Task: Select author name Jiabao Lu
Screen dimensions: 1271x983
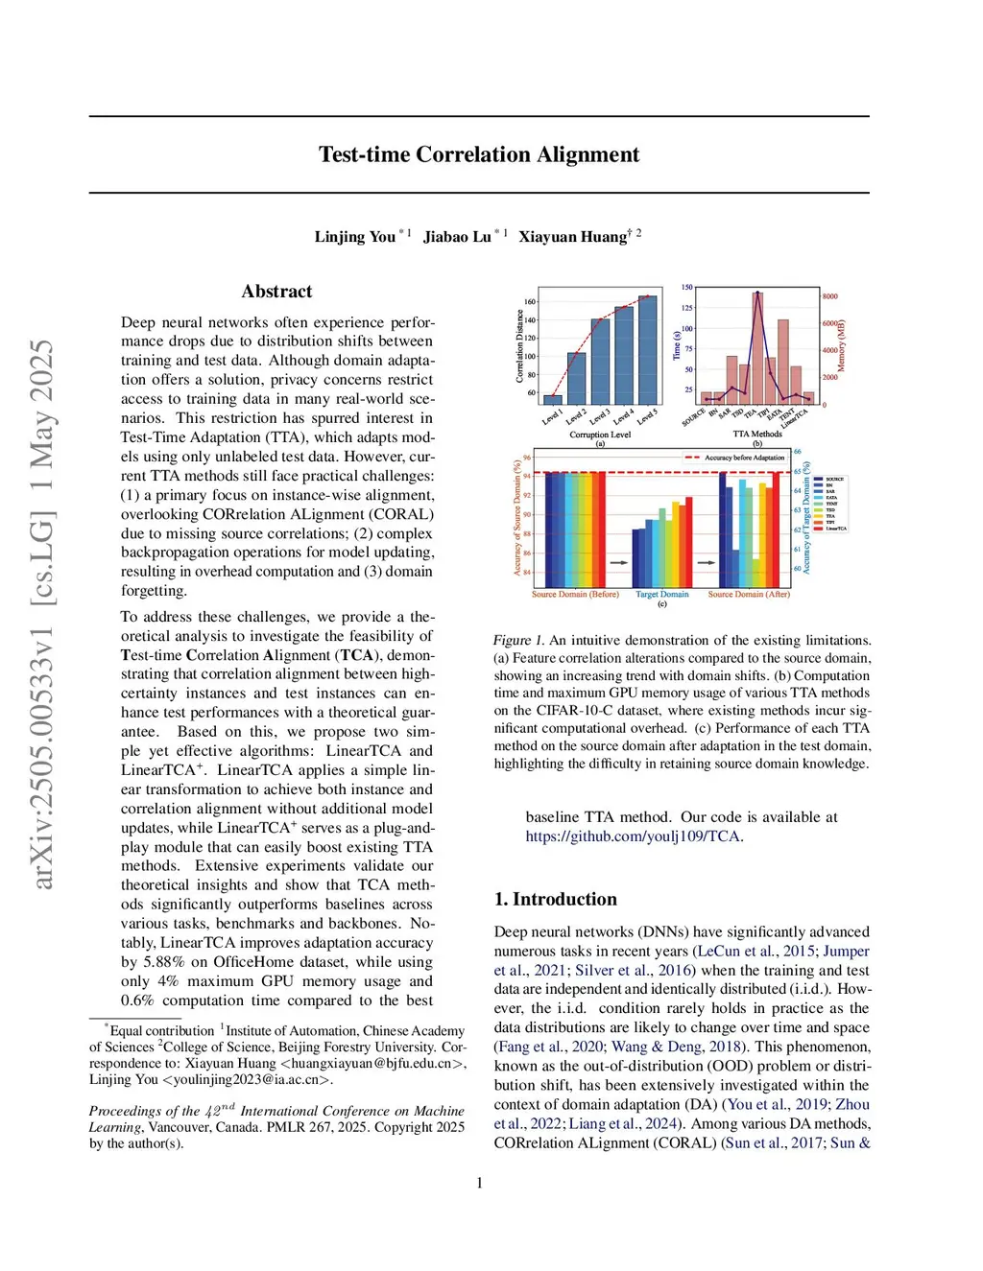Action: coord(457,237)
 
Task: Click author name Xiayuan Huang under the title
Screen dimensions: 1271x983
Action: coord(574,237)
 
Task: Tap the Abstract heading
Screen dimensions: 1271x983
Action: coord(276,292)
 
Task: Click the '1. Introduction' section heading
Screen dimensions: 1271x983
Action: coord(555,899)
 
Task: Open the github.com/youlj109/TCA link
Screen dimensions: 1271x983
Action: coord(634,836)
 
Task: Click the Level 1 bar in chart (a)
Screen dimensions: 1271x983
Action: coord(553,399)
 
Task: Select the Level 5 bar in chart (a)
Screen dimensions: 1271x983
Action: coord(648,350)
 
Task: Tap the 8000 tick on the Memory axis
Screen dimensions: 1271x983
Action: coord(829,296)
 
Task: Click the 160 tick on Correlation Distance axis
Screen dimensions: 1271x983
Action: coord(530,302)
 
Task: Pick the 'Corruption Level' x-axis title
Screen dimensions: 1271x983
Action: coord(600,435)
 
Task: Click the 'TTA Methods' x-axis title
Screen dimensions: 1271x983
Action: coord(757,435)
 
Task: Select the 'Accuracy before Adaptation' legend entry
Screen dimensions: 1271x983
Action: coord(744,458)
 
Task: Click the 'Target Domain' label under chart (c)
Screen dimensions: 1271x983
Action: coord(661,595)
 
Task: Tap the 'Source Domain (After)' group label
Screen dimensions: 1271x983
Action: coord(749,595)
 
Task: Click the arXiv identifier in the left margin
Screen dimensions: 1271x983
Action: coord(42,614)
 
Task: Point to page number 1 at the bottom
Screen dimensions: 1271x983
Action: coord(479,1183)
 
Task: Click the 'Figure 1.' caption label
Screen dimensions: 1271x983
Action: coord(518,640)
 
